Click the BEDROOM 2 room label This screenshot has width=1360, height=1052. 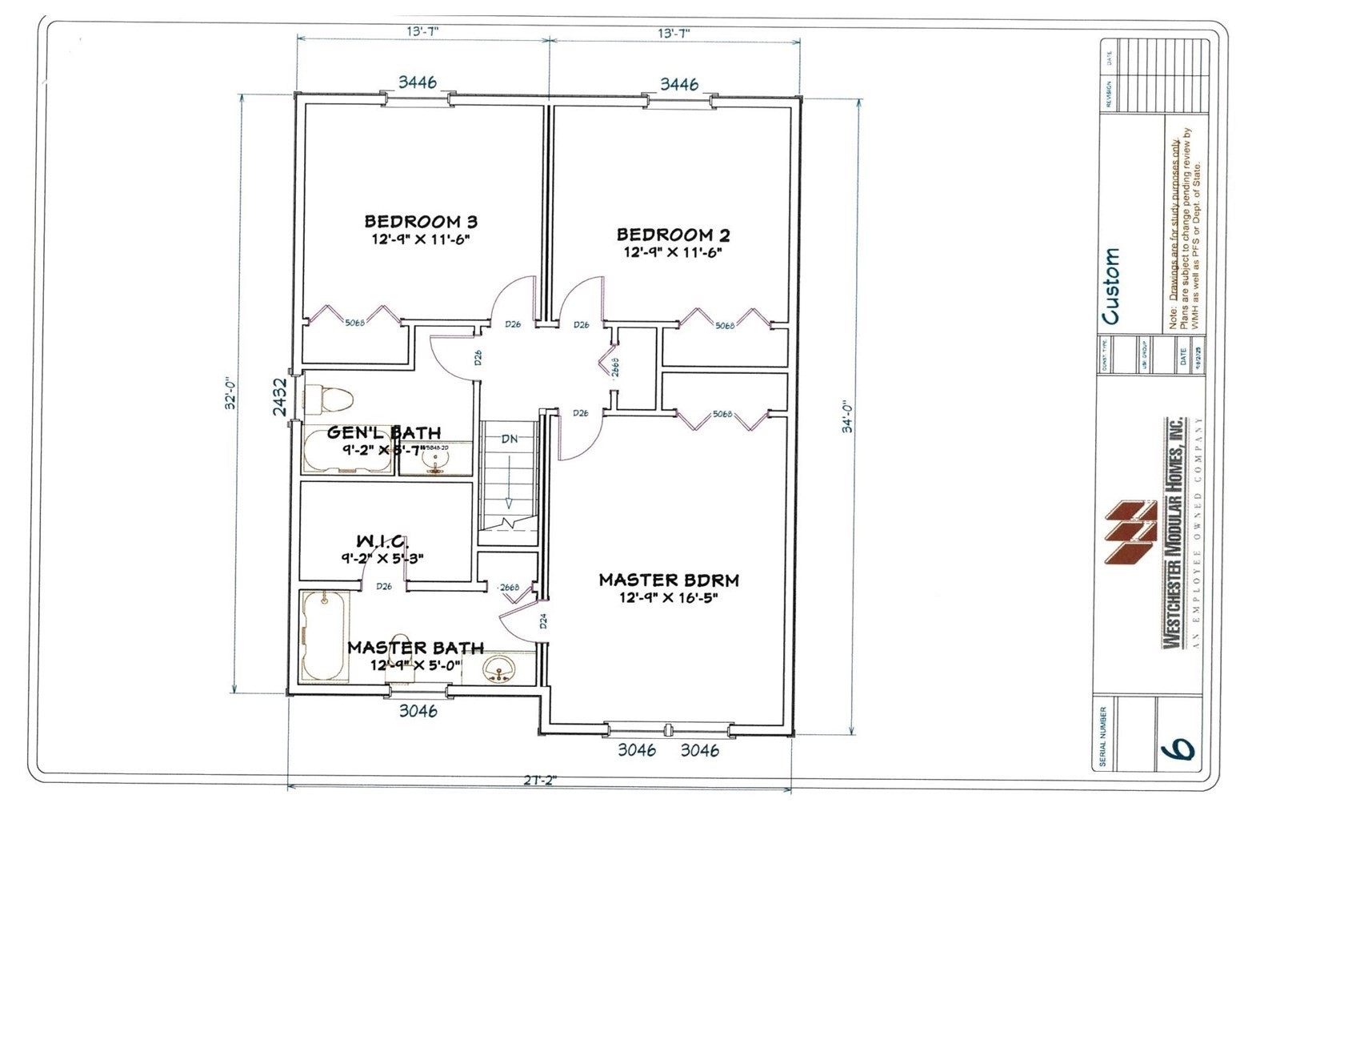tap(673, 235)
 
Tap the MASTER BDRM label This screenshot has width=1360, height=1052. tap(669, 580)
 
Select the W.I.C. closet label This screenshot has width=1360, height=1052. tap(383, 542)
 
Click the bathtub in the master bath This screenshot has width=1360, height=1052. tap(325, 636)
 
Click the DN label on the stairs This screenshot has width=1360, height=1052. tap(510, 439)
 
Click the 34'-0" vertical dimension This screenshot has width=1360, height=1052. tap(848, 416)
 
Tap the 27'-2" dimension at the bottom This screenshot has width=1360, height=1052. tap(540, 780)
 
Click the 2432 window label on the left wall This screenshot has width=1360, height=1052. tap(280, 396)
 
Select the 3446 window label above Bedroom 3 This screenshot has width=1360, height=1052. tap(418, 82)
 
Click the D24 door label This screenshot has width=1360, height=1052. tap(542, 620)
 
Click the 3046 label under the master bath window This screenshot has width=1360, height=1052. tap(418, 710)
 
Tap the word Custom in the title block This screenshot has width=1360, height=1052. tap(1110, 286)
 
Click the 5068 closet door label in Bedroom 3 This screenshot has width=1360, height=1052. tap(355, 323)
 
